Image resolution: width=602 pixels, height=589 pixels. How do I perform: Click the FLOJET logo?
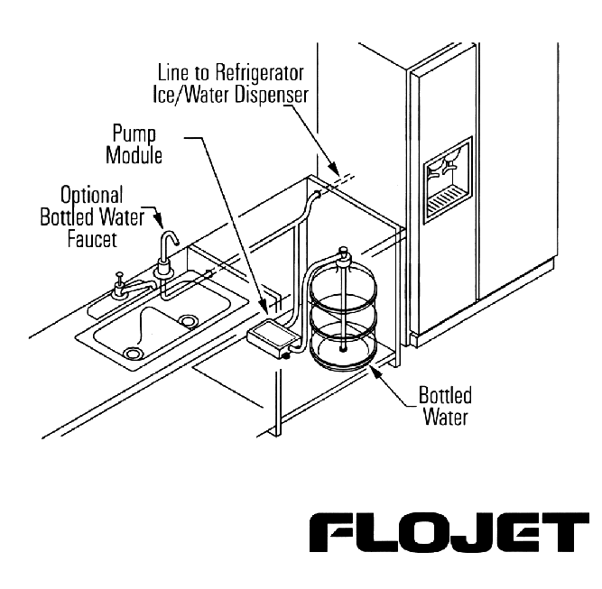(449, 532)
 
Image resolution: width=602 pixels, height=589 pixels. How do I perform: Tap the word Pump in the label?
(134, 134)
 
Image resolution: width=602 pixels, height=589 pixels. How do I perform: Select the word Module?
(134, 155)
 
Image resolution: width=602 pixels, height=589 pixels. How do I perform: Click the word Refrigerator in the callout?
(259, 73)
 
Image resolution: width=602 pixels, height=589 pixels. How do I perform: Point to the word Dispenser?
(272, 94)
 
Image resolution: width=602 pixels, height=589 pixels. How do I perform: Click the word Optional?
(92, 196)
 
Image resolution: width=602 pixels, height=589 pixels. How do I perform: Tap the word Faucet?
(92, 239)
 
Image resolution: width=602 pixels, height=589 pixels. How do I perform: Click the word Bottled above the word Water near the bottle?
(445, 395)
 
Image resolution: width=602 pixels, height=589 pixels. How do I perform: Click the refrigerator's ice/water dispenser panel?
(448, 180)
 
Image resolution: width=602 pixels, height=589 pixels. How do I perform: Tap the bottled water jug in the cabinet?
(343, 315)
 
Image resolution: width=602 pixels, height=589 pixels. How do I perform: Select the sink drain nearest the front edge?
(133, 353)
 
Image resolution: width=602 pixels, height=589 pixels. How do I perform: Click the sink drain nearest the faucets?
(188, 320)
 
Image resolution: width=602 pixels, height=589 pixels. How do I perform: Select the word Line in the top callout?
(172, 73)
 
